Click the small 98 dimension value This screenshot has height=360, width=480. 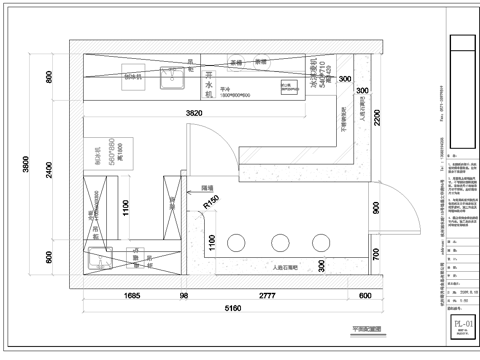point(183,296)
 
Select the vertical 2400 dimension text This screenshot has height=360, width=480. point(47,170)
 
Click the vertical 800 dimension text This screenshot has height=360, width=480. point(47,77)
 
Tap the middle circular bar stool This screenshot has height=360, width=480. point(279,243)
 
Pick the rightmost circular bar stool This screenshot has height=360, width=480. point(320,243)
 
